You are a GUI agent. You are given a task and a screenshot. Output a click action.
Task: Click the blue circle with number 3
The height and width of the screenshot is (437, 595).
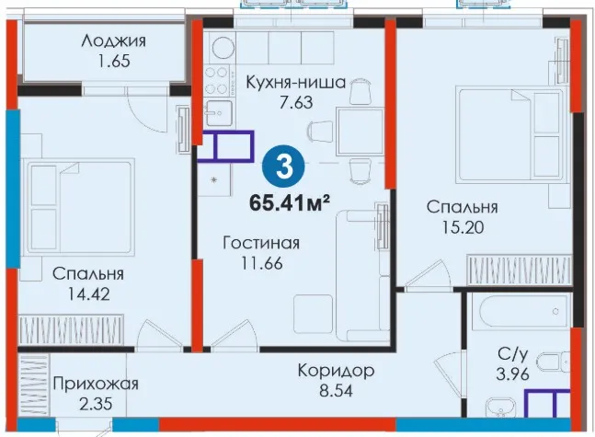point(284,167)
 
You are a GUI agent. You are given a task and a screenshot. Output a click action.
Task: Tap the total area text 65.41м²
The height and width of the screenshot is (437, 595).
point(289,203)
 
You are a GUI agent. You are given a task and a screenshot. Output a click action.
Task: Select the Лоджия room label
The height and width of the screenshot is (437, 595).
point(113,41)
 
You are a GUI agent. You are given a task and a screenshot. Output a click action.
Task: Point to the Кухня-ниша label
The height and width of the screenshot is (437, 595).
point(295,82)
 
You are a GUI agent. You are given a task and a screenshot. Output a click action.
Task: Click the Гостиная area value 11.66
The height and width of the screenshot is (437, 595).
point(262,263)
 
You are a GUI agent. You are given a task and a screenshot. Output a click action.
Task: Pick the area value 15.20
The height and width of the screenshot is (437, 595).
point(463,227)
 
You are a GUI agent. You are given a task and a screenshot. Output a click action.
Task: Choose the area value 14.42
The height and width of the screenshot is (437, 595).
point(88,293)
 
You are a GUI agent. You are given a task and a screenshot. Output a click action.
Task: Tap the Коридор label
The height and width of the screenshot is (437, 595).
point(336,371)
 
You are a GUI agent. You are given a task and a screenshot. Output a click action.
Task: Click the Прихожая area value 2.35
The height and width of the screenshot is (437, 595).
point(96,404)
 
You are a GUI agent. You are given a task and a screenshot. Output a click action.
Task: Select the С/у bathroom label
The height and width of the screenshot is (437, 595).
point(512,354)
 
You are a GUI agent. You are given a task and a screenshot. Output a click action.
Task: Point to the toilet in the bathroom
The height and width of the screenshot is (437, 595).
point(556,364)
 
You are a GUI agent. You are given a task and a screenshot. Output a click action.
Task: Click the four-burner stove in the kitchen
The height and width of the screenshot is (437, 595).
point(217,80)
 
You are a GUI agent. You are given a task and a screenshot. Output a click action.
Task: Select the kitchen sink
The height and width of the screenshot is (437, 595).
point(219,113)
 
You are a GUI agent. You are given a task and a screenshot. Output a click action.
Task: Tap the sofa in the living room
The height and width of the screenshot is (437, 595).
point(363,275)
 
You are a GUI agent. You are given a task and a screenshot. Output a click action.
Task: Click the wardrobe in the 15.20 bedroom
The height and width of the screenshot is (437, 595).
point(520,270)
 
